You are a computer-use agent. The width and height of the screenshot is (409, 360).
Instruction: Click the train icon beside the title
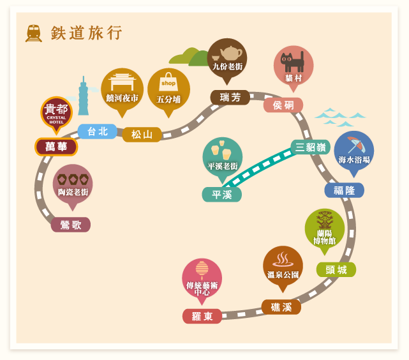[x=34, y=33]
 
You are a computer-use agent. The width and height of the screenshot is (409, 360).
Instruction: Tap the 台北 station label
[x=97, y=131]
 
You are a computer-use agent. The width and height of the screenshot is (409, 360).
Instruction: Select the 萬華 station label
[x=56, y=147]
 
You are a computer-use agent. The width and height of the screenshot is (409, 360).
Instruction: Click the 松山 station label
[x=142, y=135]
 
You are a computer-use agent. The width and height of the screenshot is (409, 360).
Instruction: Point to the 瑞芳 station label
[x=230, y=98]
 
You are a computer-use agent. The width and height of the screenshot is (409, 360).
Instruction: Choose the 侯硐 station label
[x=283, y=105]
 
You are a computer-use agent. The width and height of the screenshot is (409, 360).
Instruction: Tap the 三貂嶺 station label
[x=310, y=147]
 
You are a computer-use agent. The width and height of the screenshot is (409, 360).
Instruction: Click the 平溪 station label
[x=221, y=194]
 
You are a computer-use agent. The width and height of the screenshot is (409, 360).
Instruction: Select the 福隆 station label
[x=345, y=190]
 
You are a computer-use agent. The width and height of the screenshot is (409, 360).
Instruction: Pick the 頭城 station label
[x=336, y=269]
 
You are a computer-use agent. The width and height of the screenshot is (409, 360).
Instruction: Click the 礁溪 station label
[x=281, y=307]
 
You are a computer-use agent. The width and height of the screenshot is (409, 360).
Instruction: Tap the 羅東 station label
[x=202, y=316]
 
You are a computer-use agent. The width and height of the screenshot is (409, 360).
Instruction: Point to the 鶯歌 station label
[x=71, y=225]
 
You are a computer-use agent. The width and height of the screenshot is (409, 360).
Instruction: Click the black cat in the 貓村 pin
[x=292, y=62]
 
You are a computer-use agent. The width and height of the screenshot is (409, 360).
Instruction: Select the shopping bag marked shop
[x=168, y=82]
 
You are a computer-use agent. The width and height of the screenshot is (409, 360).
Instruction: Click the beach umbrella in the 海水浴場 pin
[x=356, y=145]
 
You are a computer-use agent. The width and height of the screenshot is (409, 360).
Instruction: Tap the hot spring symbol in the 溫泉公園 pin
[x=283, y=260]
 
